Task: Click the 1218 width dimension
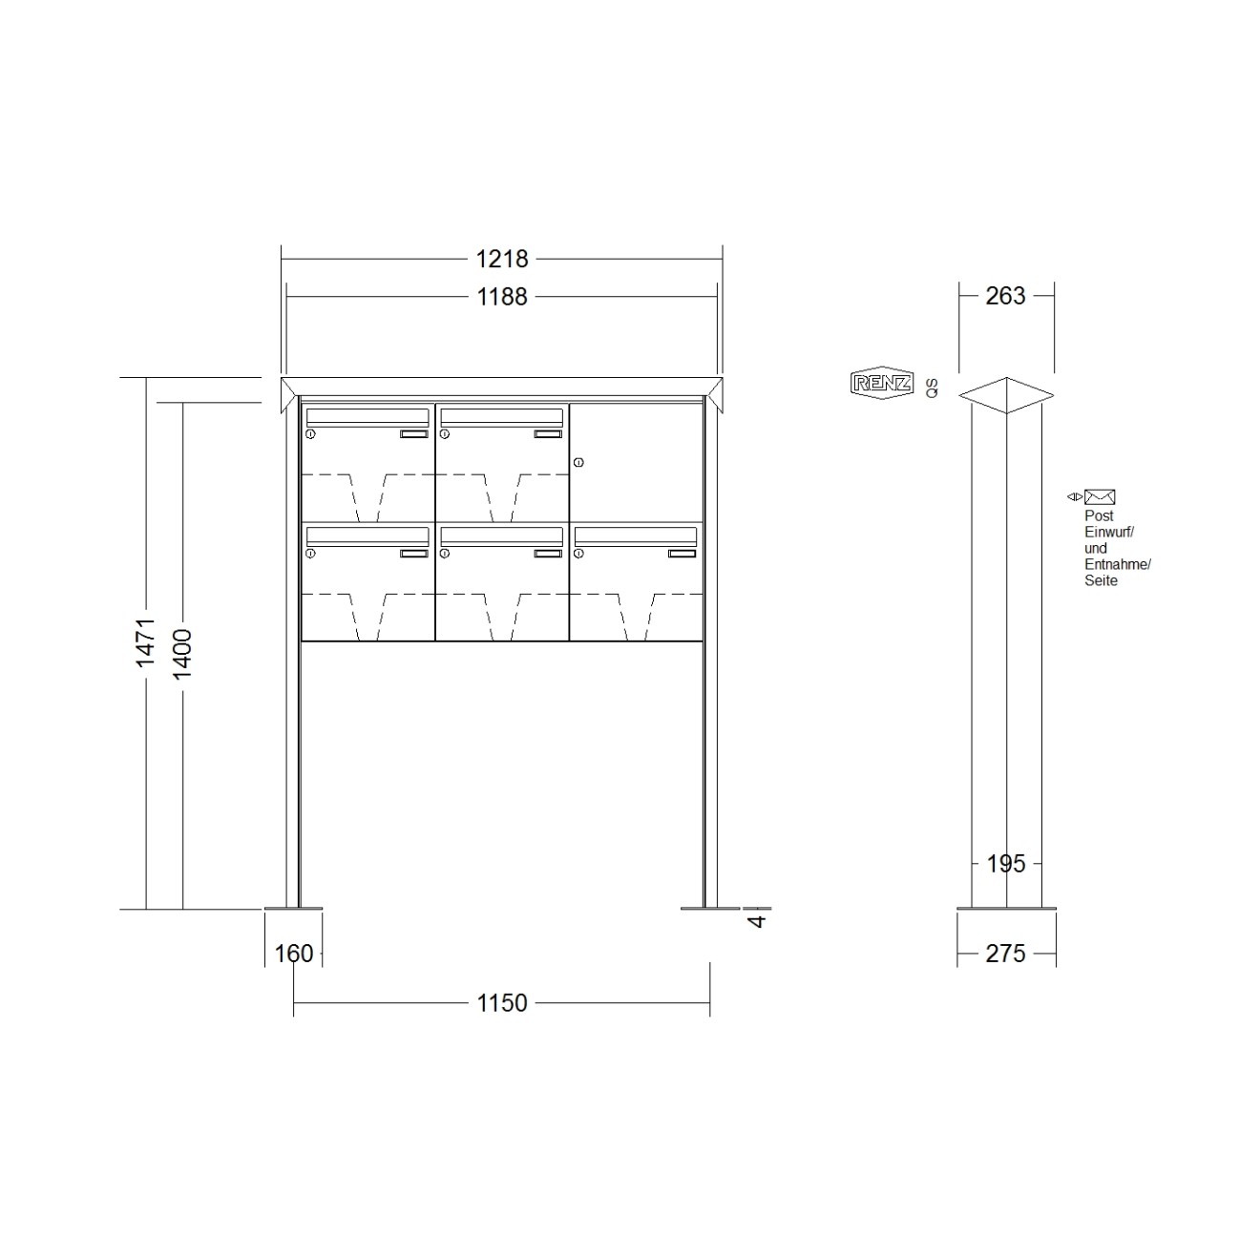coord(501,259)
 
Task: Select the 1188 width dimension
coord(501,297)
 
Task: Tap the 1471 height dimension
coord(145,642)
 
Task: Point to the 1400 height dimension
coord(182,654)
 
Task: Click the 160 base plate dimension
coord(294,954)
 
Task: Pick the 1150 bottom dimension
coord(501,1003)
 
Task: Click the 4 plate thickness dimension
coord(757,921)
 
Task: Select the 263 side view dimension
coord(1006,296)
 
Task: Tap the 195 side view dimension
coord(1006,864)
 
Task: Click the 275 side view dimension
coord(1006,954)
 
